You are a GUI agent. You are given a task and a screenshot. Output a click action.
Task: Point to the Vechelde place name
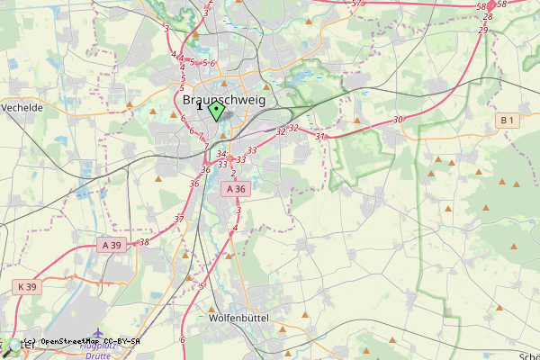22,107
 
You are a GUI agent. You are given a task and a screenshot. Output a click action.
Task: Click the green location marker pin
216,111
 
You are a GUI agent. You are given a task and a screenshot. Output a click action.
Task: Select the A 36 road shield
236,189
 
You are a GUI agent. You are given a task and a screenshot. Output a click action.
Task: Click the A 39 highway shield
111,245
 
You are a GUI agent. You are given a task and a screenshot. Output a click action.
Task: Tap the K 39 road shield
27,287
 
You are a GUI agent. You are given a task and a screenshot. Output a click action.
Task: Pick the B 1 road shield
508,120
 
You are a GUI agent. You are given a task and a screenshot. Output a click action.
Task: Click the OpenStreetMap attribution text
81,342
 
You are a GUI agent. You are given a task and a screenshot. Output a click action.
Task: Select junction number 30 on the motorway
398,119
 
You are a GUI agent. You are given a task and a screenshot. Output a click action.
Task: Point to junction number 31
319,137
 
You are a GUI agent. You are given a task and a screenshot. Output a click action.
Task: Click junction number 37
179,219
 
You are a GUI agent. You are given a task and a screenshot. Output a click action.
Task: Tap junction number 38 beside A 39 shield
144,242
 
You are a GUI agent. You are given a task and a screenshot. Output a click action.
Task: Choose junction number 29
483,30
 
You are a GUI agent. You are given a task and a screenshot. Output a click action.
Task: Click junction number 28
488,17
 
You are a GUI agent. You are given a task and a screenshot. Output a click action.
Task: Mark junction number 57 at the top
356,4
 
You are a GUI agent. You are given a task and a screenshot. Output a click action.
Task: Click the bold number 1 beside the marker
199,106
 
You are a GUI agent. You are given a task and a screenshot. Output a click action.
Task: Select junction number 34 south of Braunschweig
221,155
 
